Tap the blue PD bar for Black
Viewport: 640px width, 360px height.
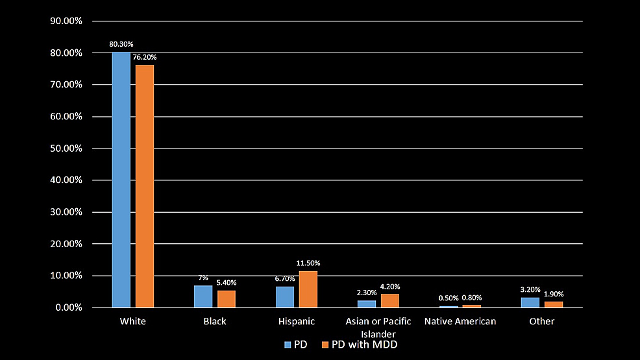[203, 296]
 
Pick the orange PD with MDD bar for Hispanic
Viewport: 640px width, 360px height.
[308, 289]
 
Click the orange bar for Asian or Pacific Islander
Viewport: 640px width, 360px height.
[389, 300]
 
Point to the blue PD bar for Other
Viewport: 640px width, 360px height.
[530, 302]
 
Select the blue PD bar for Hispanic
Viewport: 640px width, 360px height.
[285, 297]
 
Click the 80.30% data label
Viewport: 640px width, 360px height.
[121, 44]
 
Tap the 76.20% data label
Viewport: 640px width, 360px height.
[144, 57]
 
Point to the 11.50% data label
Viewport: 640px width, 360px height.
[308, 263]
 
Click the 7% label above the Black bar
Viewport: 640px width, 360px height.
[203, 278]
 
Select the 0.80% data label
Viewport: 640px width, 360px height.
[471, 298]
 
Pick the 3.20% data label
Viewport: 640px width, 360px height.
[530, 289]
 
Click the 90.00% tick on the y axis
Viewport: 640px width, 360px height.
[66, 21]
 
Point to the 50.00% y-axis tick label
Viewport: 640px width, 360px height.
[66, 148]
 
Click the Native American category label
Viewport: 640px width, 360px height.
[460, 321]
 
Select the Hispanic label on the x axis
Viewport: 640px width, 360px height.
[296, 321]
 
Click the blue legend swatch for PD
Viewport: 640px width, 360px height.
[288, 344]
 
